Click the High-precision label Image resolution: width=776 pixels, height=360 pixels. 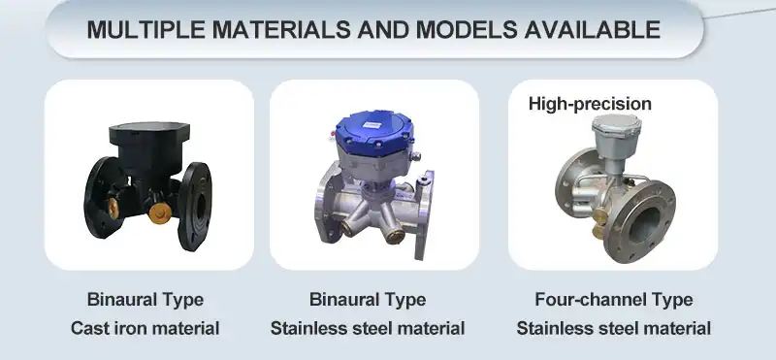(x=590, y=104)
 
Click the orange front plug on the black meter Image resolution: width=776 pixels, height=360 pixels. (x=160, y=213)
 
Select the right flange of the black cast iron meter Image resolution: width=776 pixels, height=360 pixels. (x=195, y=206)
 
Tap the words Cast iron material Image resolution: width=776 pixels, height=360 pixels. (x=145, y=328)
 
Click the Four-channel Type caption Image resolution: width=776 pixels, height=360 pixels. (x=614, y=300)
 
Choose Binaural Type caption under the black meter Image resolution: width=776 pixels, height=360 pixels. (x=145, y=300)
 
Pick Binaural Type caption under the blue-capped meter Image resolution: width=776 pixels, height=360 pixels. (x=368, y=300)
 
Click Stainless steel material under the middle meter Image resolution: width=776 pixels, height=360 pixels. (x=368, y=328)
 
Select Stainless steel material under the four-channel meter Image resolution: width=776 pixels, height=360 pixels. (x=614, y=328)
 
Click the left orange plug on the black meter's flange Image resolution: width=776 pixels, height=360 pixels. (x=113, y=209)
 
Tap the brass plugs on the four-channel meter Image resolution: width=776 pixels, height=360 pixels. (x=599, y=223)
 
